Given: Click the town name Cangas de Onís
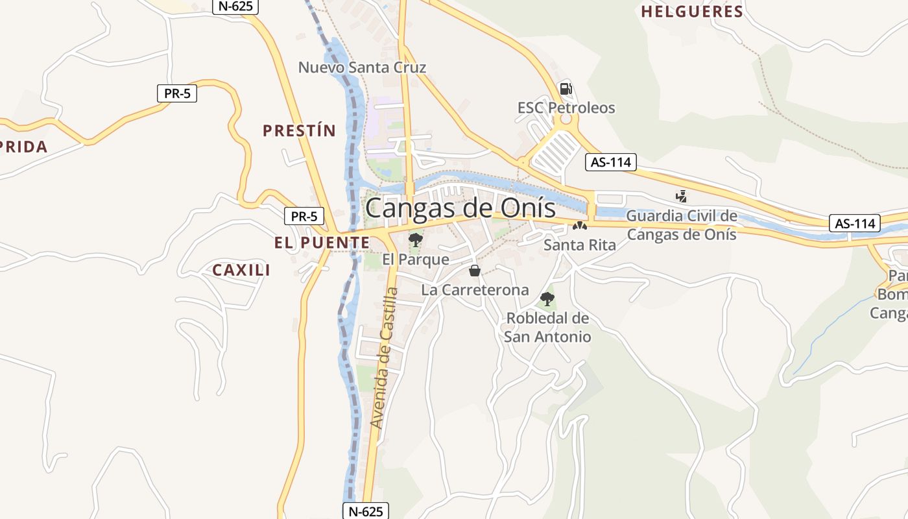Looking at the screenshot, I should pos(460,208).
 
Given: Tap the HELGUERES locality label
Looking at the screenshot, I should pos(691,12).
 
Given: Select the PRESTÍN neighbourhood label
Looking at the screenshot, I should pos(299,131).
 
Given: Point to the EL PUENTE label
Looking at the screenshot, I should pos(322,243).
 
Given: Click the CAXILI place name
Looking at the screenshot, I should pos(241,270).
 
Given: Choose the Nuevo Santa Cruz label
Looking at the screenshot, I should pos(362,67).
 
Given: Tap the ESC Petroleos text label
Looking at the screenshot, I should pos(566,108).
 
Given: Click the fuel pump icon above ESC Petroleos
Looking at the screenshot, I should pos(566,89).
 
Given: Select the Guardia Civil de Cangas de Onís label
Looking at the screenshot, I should pos(682,224).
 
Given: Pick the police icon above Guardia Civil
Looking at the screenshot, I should pos(681,195).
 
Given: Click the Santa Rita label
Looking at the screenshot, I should pos(579,245).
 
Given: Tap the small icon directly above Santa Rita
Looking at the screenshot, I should pos(579,226).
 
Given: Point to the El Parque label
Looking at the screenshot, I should pos(415,259).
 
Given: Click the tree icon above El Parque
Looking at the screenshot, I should pos(415,240).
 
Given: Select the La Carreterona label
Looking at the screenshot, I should pos(475,290).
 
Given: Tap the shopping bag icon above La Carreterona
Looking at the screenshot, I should pos(475,271).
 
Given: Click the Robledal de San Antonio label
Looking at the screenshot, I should pos(547,328).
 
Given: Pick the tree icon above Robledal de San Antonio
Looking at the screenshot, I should pos(547,299).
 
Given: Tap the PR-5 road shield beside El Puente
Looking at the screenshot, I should pos(304,217).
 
